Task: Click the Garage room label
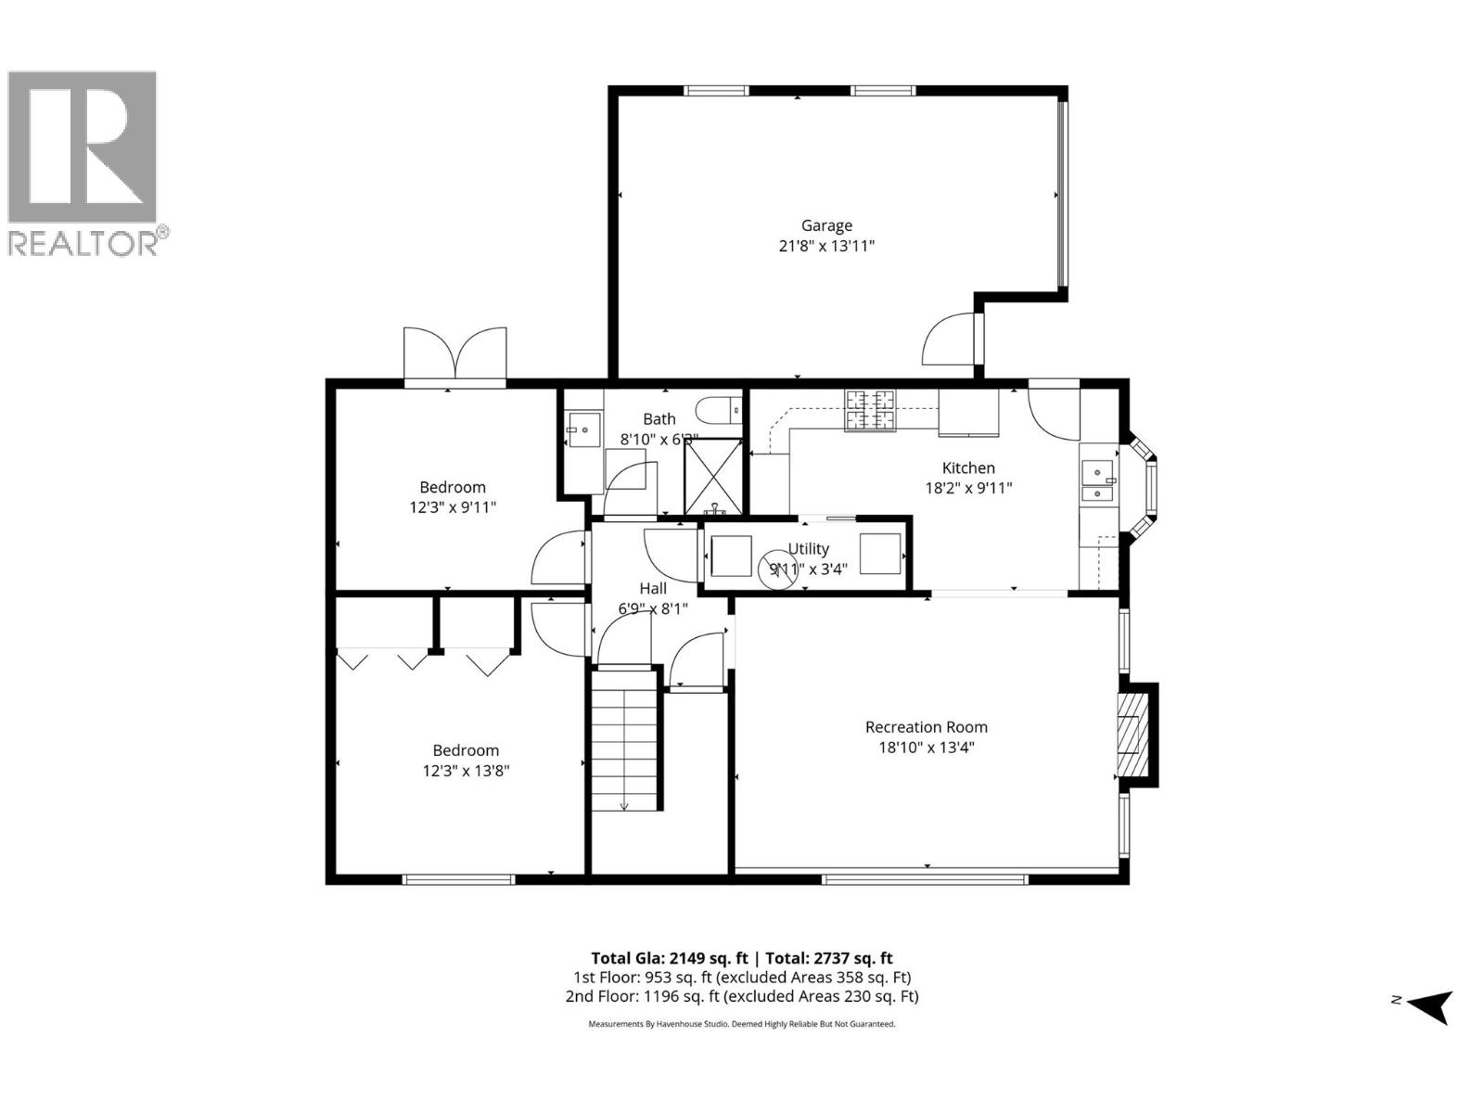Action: click(826, 225)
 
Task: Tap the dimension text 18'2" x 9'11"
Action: click(968, 488)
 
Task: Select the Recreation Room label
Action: click(926, 727)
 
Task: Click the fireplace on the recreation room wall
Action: click(1132, 735)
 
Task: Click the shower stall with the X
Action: click(713, 477)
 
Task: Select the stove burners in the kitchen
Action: click(870, 411)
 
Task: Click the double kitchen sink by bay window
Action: click(1098, 480)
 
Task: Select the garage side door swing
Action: click(948, 340)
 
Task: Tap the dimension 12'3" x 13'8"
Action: click(466, 771)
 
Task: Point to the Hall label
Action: click(653, 589)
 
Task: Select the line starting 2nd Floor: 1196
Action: click(741, 996)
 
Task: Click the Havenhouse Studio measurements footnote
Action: click(741, 1024)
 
